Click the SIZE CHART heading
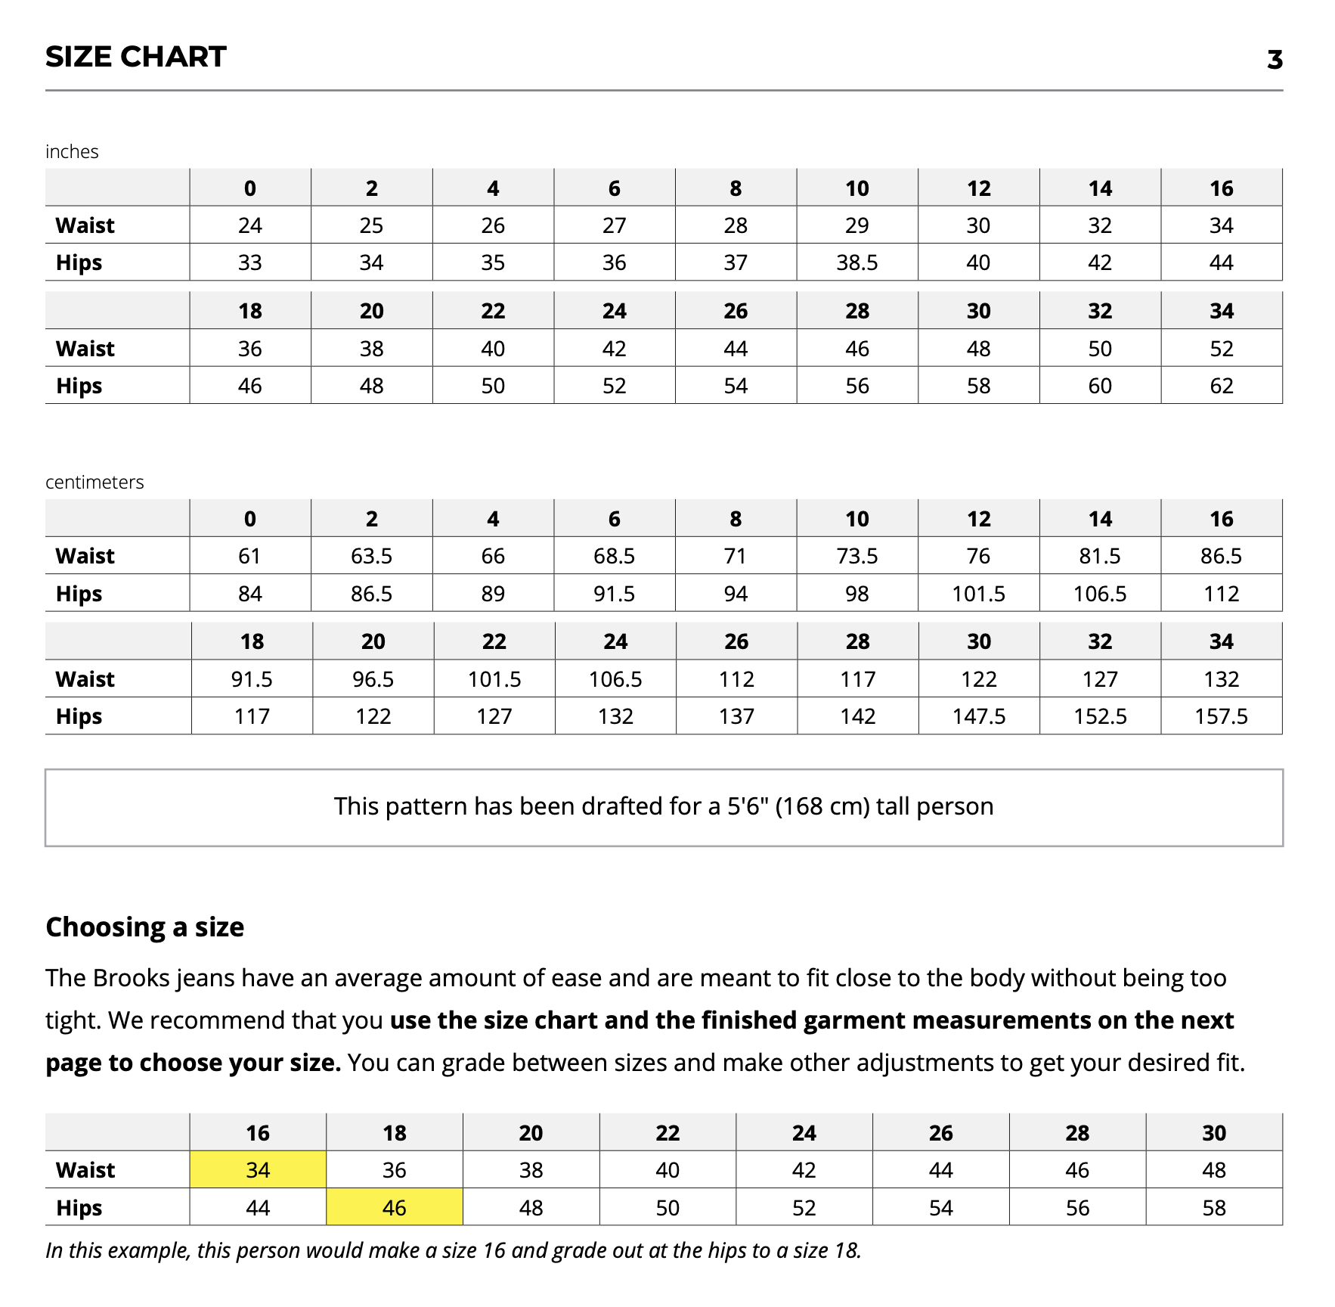coord(136,57)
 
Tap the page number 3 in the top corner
coord(1275,60)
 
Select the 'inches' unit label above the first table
coord(72,152)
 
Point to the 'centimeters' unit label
coord(94,483)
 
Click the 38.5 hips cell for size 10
coord(856,262)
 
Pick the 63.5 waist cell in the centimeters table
coord(371,556)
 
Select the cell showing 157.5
coord(1221,716)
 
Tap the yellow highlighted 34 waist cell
coord(258,1170)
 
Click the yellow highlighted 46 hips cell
coord(394,1208)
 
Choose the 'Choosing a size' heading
coord(145,927)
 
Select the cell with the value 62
coord(1221,386)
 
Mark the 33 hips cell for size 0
coord(249,262)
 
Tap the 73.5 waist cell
coord(856,556)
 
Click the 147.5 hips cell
coord(978,716)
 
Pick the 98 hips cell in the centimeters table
coord(856,594)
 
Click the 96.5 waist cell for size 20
coord(373,679)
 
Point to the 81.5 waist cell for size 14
coord(1099,556)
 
